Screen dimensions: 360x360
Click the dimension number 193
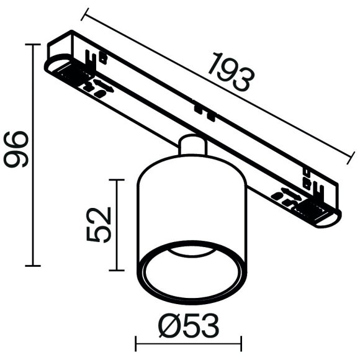point(232,72)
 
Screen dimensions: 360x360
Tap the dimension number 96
point(16,149)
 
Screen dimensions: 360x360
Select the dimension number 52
point(99,225)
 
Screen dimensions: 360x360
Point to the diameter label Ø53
point(189,326)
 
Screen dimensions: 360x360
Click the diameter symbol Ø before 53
point(169,326)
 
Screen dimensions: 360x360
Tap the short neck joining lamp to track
point(192,145)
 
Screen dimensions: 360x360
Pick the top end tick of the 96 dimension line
point(33,44)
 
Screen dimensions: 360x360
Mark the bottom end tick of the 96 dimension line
point(33,266)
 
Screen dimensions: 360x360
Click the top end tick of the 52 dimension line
point(117,180)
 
